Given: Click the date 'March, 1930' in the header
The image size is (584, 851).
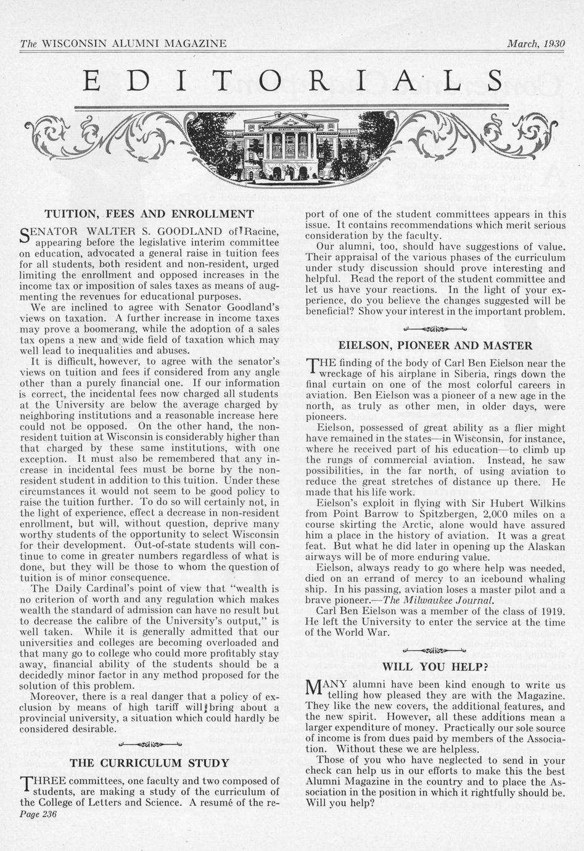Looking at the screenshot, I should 535,44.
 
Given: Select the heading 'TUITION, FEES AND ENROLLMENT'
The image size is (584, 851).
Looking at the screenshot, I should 150,214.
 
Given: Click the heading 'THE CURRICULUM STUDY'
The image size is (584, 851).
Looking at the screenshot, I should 150,762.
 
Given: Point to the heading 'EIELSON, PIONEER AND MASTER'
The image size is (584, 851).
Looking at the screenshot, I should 435,345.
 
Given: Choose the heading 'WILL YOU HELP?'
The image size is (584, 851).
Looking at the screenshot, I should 435,666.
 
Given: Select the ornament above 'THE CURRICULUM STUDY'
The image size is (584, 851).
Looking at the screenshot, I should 150,742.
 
